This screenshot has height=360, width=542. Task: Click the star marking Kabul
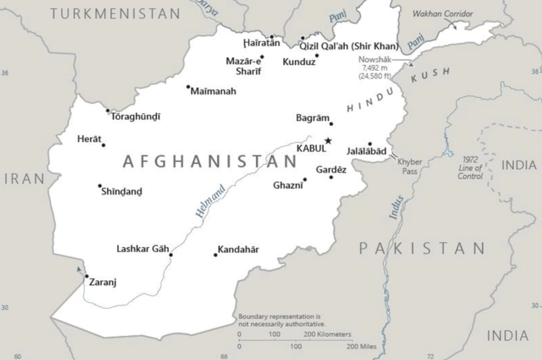328,141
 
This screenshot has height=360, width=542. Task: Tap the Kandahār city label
238,250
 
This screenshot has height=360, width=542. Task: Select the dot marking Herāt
103,145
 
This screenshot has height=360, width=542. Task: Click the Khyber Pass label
410,165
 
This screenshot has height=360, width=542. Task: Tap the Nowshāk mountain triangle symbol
411,64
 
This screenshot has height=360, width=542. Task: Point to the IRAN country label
24,179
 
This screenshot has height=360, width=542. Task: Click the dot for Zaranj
87,276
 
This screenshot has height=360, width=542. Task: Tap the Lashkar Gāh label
143,249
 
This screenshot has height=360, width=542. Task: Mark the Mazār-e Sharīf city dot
262,57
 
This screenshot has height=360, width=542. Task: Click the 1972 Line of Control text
470,168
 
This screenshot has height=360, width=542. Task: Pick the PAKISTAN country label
422,248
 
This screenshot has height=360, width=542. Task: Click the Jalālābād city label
367,151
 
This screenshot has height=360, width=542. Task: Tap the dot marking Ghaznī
305,180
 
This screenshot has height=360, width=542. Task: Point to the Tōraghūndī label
136,117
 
